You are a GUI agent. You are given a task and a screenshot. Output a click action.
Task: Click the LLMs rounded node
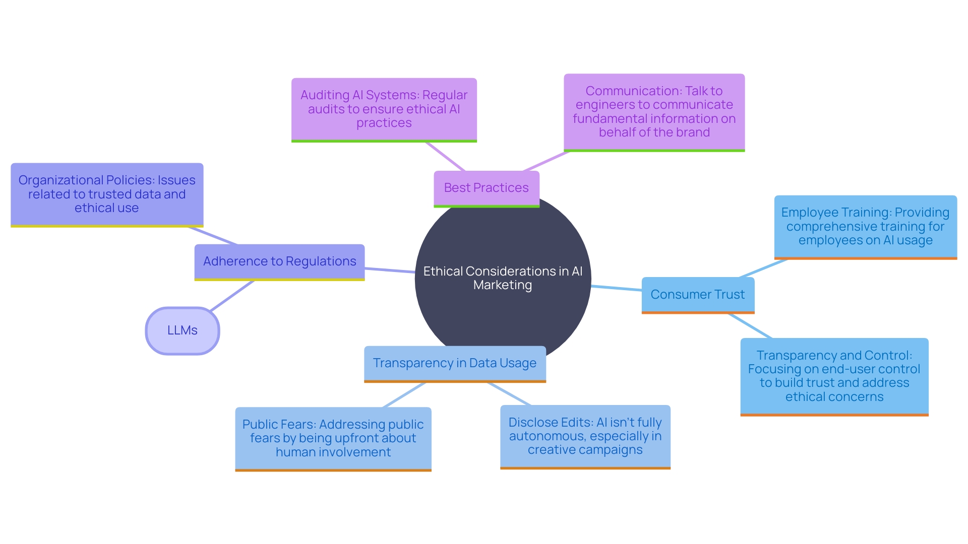[x=183, y=330]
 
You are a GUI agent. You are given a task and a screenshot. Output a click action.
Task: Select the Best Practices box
[x=486, y=188]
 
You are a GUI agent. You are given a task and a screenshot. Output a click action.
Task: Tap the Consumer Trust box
[x=697, y=295]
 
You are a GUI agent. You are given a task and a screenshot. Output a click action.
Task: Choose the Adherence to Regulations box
[x=279, y=261]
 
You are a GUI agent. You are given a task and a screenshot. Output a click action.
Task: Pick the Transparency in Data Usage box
[x=454, y=363]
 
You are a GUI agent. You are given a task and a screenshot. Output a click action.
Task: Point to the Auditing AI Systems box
[x=384, y=109]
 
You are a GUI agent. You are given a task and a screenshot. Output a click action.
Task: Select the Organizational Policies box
[x=106, y=194]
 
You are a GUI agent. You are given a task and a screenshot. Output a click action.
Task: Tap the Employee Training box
[x=865, y=227]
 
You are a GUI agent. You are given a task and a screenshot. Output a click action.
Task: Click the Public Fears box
[x=333, y=438]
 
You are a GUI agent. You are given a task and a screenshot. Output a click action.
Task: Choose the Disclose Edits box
[x=585, y=436]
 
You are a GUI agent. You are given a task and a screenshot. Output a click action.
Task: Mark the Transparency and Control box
[x=834, y=376]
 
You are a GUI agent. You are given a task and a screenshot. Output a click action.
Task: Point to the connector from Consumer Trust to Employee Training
[x=763, y=268]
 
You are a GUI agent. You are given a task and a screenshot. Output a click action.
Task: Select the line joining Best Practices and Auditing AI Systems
[x=445, y=157]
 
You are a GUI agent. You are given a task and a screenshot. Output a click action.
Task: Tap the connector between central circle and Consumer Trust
[x=616, y=288]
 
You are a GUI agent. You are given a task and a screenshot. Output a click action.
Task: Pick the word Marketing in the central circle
[x=503, y=285]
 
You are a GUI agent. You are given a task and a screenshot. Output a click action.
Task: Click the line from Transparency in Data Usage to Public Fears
[x=404, y=395]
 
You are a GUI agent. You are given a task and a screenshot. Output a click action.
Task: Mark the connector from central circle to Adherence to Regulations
[x=390, y=270]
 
